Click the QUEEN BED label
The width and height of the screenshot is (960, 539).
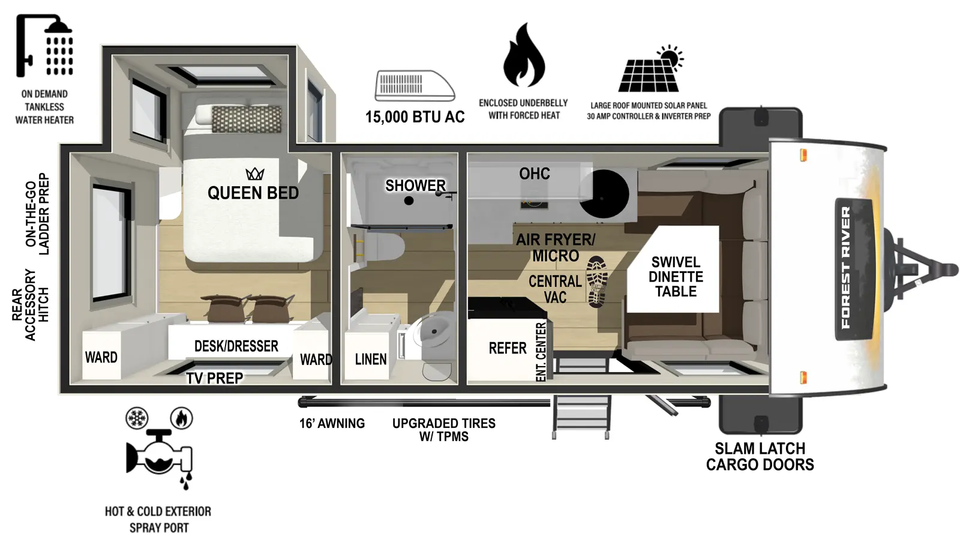tap(253, 193)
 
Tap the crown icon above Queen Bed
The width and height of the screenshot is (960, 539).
tap(255, 174)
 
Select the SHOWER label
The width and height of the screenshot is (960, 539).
tap(415, 185)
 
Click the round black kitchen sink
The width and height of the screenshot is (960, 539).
tap(604, 193)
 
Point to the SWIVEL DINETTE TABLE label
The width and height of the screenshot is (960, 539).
tap(676, 277)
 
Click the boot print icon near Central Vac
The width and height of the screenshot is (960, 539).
tap(596, 282)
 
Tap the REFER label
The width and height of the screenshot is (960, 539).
tap(507, 348)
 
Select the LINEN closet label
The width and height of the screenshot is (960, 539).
tap(370, 359)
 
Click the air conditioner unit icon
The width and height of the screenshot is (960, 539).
tap(415, 85)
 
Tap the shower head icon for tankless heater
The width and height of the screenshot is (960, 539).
tap(45, 46)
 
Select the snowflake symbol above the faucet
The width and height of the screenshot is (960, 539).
tap(137, 418)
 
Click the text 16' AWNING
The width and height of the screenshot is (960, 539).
tap(332, 423)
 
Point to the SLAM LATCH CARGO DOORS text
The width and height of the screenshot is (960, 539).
tap(760, 456)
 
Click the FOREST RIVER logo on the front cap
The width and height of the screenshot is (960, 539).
tap(846, 268)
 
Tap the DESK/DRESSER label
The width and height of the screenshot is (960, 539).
tap(236, 346)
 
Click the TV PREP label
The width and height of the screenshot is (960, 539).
tap(214, 378)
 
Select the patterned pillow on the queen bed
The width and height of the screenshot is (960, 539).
tap(247, 119)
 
